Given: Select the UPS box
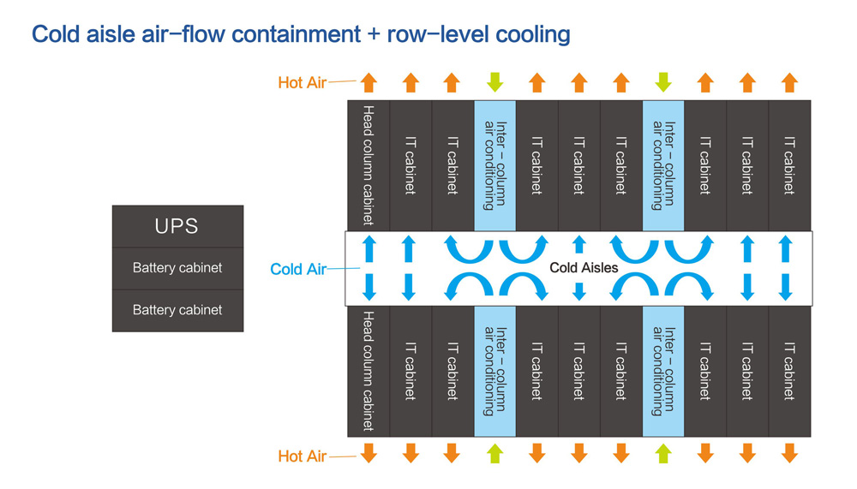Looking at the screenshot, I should tap(177, 226).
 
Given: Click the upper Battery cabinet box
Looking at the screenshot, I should tap(177, 268).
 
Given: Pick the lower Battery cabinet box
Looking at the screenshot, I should tap(177, 310).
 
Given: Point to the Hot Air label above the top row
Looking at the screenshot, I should tap(302, 83).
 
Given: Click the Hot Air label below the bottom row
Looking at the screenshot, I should tap(302, 456).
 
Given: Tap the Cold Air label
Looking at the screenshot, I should tap(297, 269).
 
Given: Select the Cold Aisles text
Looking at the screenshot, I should tap(584, 268).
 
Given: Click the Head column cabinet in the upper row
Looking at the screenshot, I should tap(369, 165).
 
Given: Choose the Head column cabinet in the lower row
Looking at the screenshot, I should tap(369, 371).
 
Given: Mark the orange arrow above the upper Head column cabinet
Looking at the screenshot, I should tap(369, 82).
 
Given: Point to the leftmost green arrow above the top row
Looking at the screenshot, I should tap(494, 82).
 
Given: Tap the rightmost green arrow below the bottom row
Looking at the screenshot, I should tap(663, 453).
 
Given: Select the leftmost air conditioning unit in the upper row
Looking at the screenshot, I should tap(494, 165).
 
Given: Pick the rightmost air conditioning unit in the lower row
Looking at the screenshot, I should tap(663, 371).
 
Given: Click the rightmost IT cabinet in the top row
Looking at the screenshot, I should tap(789, 165).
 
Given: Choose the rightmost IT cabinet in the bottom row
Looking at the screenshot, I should tap(789, 371).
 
